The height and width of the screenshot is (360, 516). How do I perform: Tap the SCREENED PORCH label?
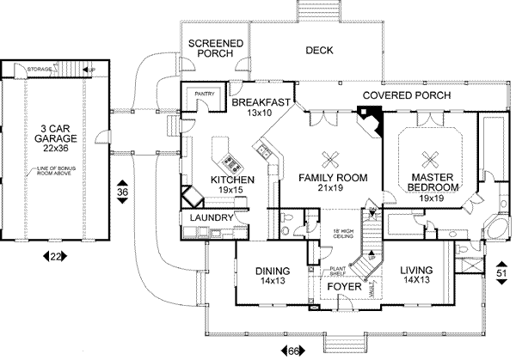[x=215, y=48]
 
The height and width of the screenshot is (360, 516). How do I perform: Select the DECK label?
[x=319, y=50]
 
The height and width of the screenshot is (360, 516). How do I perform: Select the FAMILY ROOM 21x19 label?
[x=333, y=183]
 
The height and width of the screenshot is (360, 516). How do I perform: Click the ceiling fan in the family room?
[x=329, y=156]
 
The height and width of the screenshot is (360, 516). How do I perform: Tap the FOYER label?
[x=342, y=288]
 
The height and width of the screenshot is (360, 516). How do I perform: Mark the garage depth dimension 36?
[x=123, y=194]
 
